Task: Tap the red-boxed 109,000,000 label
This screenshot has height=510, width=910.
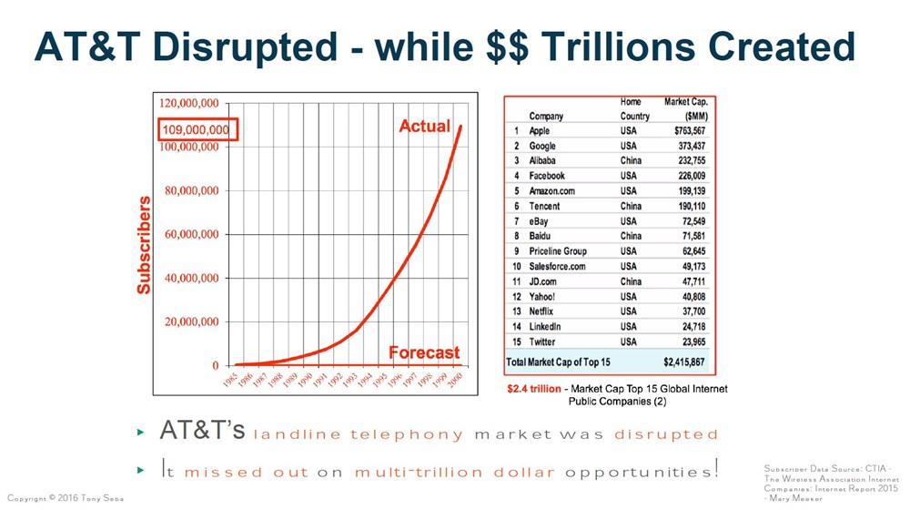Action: click(196, 129)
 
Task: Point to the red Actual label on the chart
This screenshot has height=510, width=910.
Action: click(425, 126)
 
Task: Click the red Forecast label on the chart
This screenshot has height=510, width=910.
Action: click(424, 352)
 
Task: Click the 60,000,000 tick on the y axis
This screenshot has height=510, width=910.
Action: click(189, 234)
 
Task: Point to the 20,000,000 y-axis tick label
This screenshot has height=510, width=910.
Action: click(189, 321)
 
